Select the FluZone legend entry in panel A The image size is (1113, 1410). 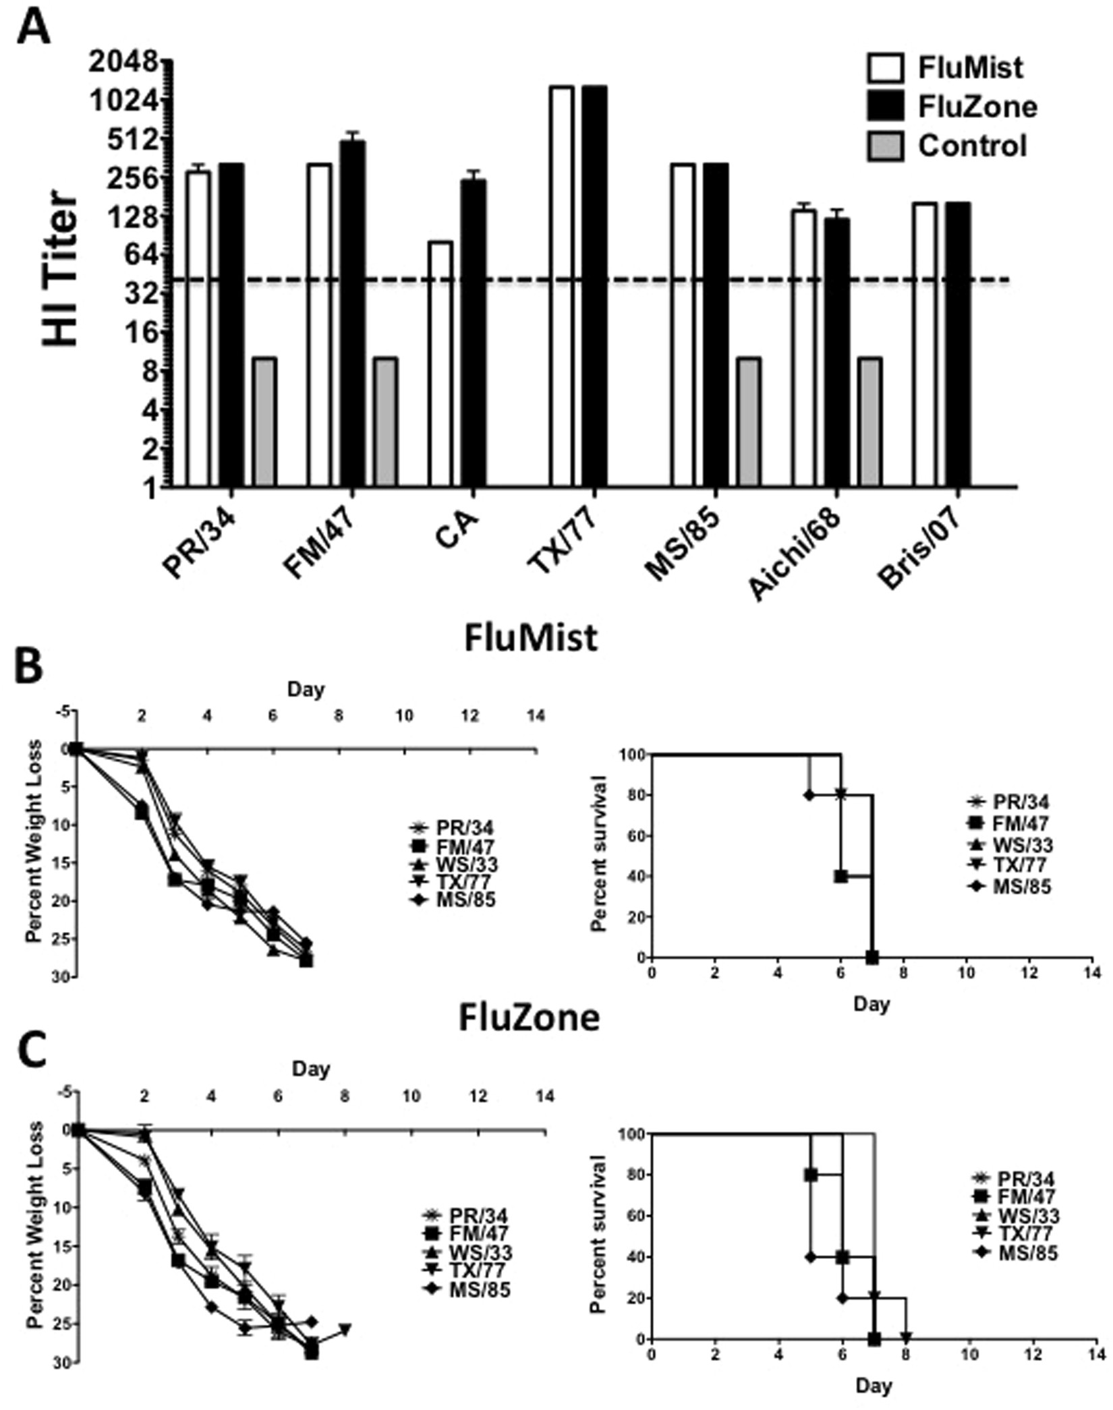(x=977, y=107)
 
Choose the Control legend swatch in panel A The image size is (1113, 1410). (x=885, y=146)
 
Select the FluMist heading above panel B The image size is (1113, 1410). (x=531, y=637)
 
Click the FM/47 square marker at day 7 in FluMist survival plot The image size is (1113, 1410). (x=872, y=957)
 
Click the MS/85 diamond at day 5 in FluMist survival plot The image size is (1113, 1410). (x=809, y=794)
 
